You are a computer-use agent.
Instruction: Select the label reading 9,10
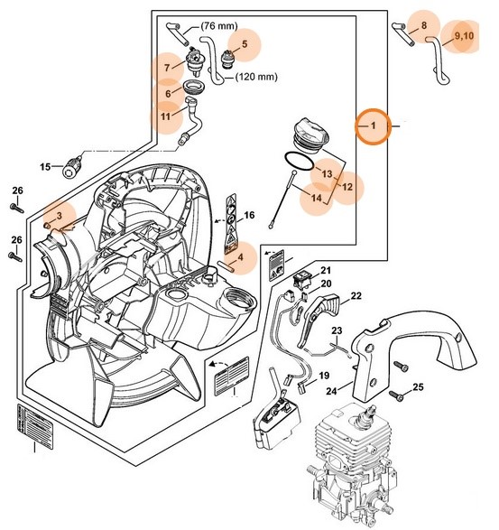click(465, 35)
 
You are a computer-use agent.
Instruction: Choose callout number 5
click(243, 42)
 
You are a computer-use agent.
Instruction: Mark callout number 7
click(167, 66)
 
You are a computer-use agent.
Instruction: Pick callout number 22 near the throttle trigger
click(356, 295)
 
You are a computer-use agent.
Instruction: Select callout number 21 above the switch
click(326, 270)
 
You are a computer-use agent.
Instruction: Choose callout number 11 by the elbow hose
click(166, 116)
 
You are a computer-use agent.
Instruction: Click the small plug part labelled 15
click(71, 167)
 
